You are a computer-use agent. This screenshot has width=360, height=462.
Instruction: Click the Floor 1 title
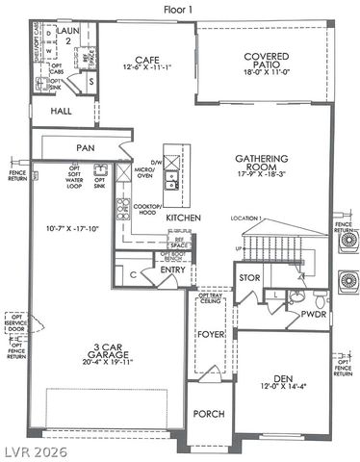point(180,9)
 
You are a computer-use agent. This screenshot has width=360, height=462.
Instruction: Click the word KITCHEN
point(183,219)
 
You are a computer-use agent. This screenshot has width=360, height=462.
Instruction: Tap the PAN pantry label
point(87,147)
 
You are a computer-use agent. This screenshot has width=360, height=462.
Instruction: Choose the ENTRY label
point(172,269)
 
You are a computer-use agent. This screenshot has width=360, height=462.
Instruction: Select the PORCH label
point(209,413)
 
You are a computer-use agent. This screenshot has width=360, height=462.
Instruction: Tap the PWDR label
point(313,313)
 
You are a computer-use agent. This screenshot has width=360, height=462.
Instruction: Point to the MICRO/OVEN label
point(144,170)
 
